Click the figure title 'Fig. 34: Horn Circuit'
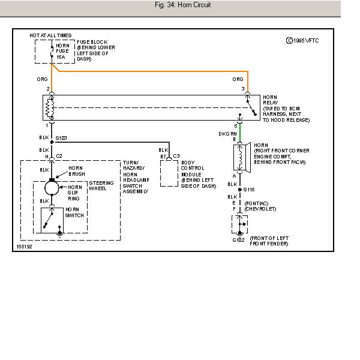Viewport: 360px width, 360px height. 182,5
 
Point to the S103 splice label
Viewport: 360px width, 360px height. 61,138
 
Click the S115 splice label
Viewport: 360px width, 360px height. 250,190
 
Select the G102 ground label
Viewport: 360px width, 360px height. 238,240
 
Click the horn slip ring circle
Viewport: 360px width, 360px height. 52,188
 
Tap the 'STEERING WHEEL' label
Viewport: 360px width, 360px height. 101,185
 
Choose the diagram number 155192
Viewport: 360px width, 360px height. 25,245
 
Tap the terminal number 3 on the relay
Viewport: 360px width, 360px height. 244,89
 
